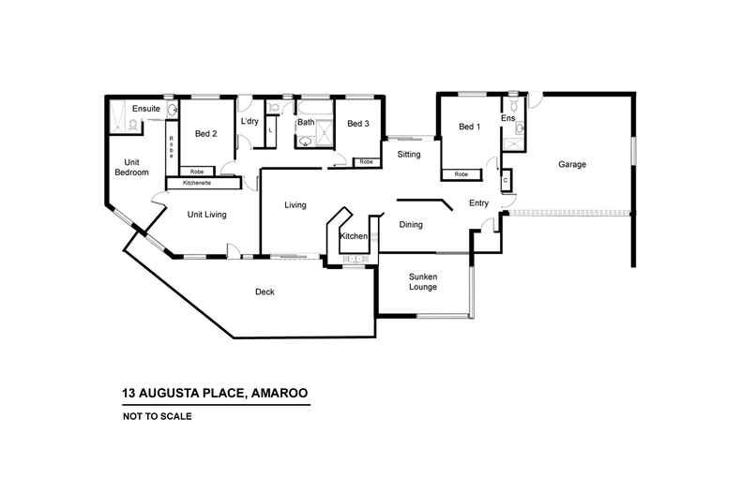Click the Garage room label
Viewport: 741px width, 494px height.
click(572, 164)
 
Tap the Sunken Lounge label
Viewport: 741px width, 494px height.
click(422, 281)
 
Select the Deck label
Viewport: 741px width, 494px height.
click(265, 292)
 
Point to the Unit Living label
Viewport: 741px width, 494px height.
click(207, 215)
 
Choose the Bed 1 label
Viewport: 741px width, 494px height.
click(470, 127)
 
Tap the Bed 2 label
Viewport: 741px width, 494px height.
click(206, 134)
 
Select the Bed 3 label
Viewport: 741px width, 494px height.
click(358, 124)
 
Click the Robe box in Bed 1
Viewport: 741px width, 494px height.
click(461, 174)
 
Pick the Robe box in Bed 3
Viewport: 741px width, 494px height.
click(366, 162)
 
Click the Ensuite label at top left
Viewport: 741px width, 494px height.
click(146, 110)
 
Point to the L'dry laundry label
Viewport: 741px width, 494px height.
click(250, 122)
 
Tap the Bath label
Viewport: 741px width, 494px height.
click(306, 123)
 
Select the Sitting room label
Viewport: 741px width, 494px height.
click(409, 154)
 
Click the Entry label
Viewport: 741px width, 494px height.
click(478, 203)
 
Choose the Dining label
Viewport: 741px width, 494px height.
click(411, 225)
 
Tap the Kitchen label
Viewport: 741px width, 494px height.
click(353, 236)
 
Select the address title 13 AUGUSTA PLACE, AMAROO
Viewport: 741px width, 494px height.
click(215, 394)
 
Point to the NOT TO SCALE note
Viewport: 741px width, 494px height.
click(157, 416)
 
